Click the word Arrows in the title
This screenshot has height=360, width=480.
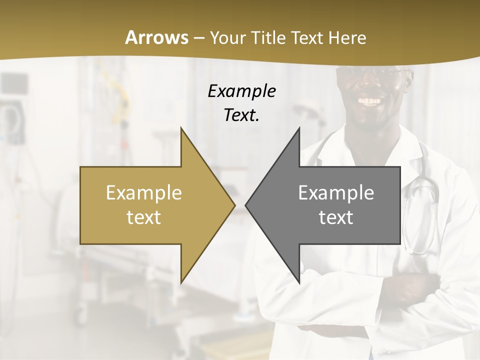point(156,37)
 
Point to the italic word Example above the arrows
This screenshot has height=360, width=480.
point(241,91)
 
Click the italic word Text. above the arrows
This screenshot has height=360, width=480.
point(241,115)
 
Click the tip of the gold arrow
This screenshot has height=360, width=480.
point(233,205)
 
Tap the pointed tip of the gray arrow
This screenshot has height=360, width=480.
point(247,205)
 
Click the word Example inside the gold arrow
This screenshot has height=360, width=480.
point(144,192)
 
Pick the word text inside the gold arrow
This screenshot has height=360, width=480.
point(144,217)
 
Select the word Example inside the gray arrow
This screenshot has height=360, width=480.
point(336,192)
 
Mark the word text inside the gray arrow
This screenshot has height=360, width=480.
point(336,217)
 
